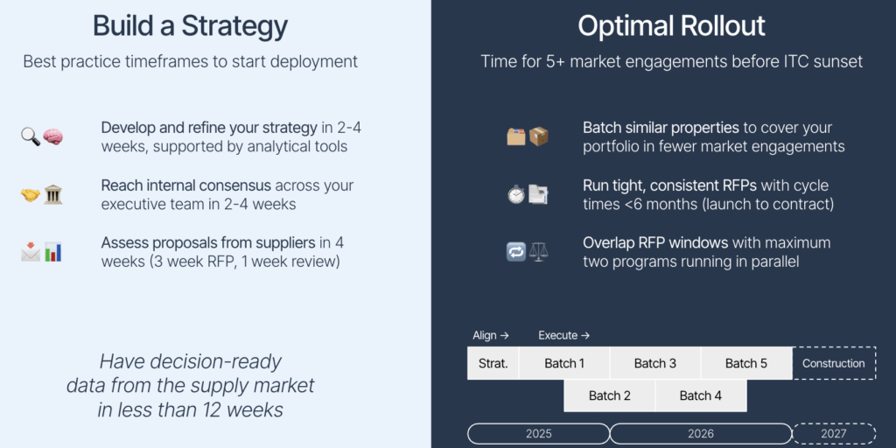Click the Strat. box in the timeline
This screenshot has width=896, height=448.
[493, 363]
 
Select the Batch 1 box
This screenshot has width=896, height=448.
[564, 363]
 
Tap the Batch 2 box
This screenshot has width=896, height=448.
[610, 395]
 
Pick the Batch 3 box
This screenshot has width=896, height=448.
[655, 363]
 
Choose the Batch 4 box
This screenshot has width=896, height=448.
[701, 395]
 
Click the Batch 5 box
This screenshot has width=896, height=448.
[746, 363]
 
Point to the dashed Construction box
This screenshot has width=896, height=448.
[834, 363]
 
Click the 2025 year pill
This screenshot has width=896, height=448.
[539, 434]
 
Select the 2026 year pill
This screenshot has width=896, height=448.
[701, 434]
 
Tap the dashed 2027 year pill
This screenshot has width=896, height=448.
[834, 434]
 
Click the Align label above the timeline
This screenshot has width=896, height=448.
[491, 335]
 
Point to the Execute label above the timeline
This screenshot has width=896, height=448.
[564, 335]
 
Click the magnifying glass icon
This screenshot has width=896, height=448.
[31, 136]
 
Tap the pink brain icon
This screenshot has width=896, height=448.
[53, 136]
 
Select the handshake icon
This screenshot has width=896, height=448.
[31, 195]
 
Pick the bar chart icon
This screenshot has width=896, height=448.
[53, 252]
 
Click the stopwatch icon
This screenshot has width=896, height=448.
[516, 194]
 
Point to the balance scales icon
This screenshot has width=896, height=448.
[538, 252]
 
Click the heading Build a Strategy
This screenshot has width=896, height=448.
[190, 26]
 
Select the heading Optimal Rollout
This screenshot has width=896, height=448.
[671, 26]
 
